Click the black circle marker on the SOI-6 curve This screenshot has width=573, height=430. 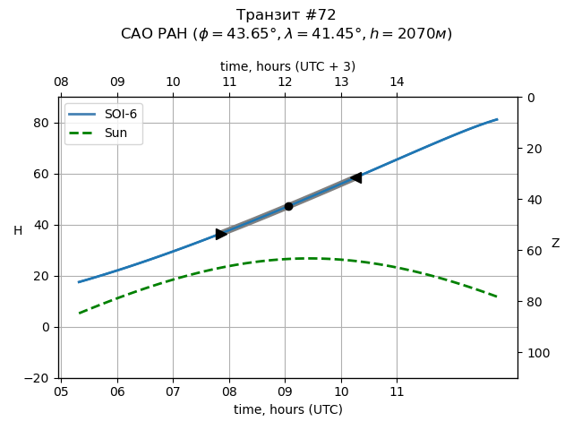coord(288,206)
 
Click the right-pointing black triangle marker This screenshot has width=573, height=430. coord(221,234)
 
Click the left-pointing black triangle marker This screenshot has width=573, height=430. coord(356,177)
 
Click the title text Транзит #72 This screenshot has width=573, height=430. coord(286,15)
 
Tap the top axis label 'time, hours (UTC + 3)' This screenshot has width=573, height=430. coord(287,66)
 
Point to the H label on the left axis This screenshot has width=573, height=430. coord(18,231)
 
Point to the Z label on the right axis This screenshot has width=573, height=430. coord(555,244)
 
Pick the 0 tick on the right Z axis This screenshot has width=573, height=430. coord(531,98)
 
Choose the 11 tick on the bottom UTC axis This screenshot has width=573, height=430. coord(397,391)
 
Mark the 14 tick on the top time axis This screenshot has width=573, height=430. coord(397,82)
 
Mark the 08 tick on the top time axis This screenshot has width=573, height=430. coord(61,82)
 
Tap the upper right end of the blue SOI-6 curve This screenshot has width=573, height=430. coord(497,119)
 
